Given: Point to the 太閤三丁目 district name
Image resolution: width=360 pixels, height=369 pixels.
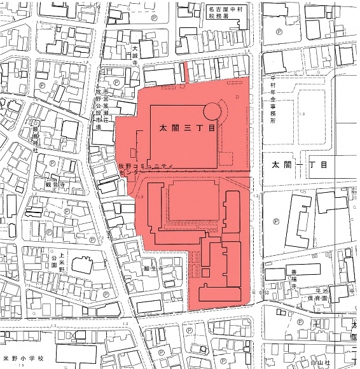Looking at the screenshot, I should click(188, 128).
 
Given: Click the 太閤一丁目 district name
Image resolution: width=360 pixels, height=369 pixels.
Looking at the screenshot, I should click(298, 164).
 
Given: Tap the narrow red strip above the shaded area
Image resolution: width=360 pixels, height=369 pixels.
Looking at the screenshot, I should click(185, 71).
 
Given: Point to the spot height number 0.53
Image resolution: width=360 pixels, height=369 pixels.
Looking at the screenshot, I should click(264, 292).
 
